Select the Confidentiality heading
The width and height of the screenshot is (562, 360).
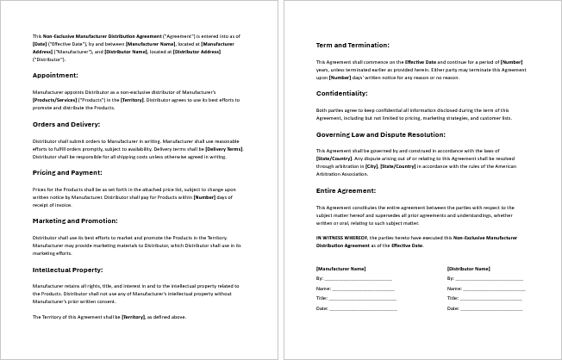[342, 92]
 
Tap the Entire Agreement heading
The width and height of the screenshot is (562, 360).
[347, 190]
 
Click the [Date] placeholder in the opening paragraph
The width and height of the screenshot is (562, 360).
[40, 42]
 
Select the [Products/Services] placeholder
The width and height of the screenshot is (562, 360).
[56, 100]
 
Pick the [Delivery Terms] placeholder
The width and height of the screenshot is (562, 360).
[223, 148]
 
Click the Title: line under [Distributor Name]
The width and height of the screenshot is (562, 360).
[490, 298]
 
